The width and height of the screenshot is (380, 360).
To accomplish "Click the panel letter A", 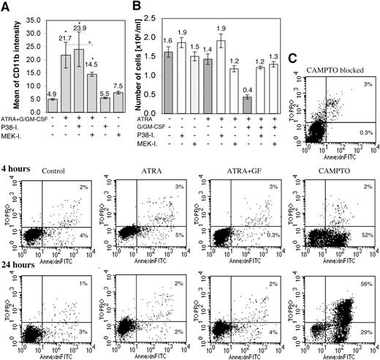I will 6,8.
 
